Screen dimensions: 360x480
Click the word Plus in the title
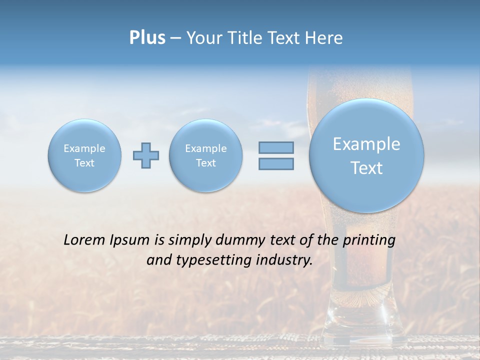coord(147,38)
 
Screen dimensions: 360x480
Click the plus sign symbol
coord(146,155)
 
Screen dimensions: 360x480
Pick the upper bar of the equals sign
coord(276,147)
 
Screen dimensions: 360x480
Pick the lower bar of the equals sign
coord(276,163)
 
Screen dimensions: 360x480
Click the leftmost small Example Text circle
coord(84,155)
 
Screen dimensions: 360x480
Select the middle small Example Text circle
coord(205,155)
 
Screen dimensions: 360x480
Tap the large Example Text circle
coord(366,155)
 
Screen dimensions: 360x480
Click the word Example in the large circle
coord(366,144)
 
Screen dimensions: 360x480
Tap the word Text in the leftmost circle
coord(84,163)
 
